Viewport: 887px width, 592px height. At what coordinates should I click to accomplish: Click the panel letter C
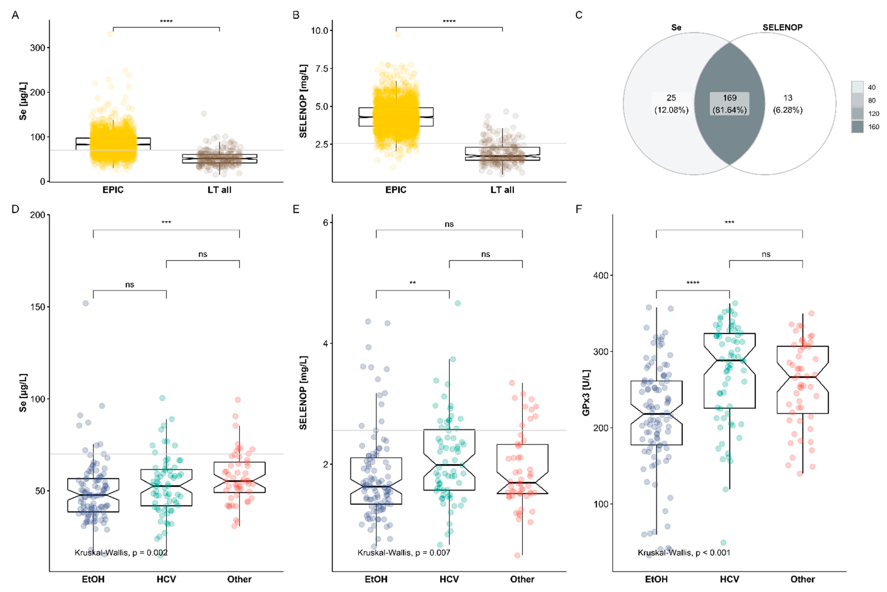(579, 15)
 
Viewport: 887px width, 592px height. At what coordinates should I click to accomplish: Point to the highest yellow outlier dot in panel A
(110, 34)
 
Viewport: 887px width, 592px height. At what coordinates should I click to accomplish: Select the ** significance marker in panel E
(413, 283)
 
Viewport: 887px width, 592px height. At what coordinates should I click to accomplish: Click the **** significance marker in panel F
(693, 283)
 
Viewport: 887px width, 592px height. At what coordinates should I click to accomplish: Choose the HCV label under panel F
(729, 579)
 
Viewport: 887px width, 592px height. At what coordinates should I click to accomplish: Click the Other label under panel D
(239, 579)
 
